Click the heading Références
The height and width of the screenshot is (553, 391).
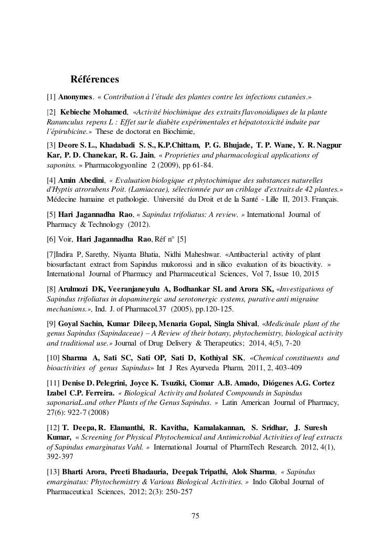[94, 80]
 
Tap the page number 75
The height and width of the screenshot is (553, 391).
[195, 516]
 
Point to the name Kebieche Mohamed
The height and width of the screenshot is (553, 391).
[93, 112]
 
